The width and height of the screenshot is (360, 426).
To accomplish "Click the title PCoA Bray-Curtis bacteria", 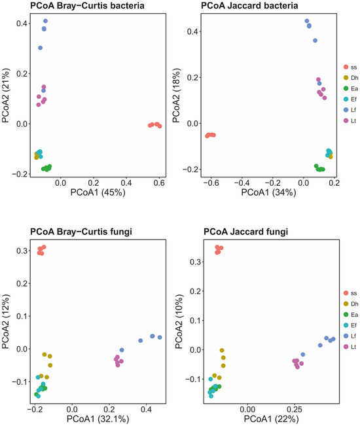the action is point(87,5).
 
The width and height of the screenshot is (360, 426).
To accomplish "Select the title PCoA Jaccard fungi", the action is point(245,232).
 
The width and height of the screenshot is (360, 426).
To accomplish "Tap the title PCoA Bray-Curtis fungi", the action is point(81,232).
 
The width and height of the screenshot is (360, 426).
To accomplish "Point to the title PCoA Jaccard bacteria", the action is point(249,5).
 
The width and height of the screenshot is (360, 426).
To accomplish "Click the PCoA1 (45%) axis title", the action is point(98,192).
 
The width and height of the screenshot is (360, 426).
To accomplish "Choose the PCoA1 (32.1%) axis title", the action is point(98,419).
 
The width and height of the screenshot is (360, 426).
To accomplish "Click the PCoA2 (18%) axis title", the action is point(176,96).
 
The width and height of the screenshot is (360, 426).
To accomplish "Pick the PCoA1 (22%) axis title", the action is point(271,419).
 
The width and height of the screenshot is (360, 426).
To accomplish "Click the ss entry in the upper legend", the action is point(350,67).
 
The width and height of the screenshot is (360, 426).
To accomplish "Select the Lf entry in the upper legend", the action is point(350,110).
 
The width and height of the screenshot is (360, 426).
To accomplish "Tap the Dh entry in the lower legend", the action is point(351,304).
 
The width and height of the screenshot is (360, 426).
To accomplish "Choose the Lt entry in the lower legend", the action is point(350,347).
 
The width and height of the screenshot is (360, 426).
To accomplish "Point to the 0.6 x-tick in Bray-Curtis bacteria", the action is point(159,183).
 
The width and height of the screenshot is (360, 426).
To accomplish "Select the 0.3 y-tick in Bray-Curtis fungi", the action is point(22,251).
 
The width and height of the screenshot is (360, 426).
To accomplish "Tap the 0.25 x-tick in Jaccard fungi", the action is point(295,409).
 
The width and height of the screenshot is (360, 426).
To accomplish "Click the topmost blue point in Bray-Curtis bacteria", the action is point(45,21).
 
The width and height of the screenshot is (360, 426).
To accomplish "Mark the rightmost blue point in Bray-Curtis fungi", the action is point(160,337).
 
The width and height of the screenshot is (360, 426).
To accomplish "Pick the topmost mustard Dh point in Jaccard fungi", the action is point(222,350).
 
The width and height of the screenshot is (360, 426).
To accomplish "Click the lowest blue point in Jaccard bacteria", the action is point(319,83).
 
